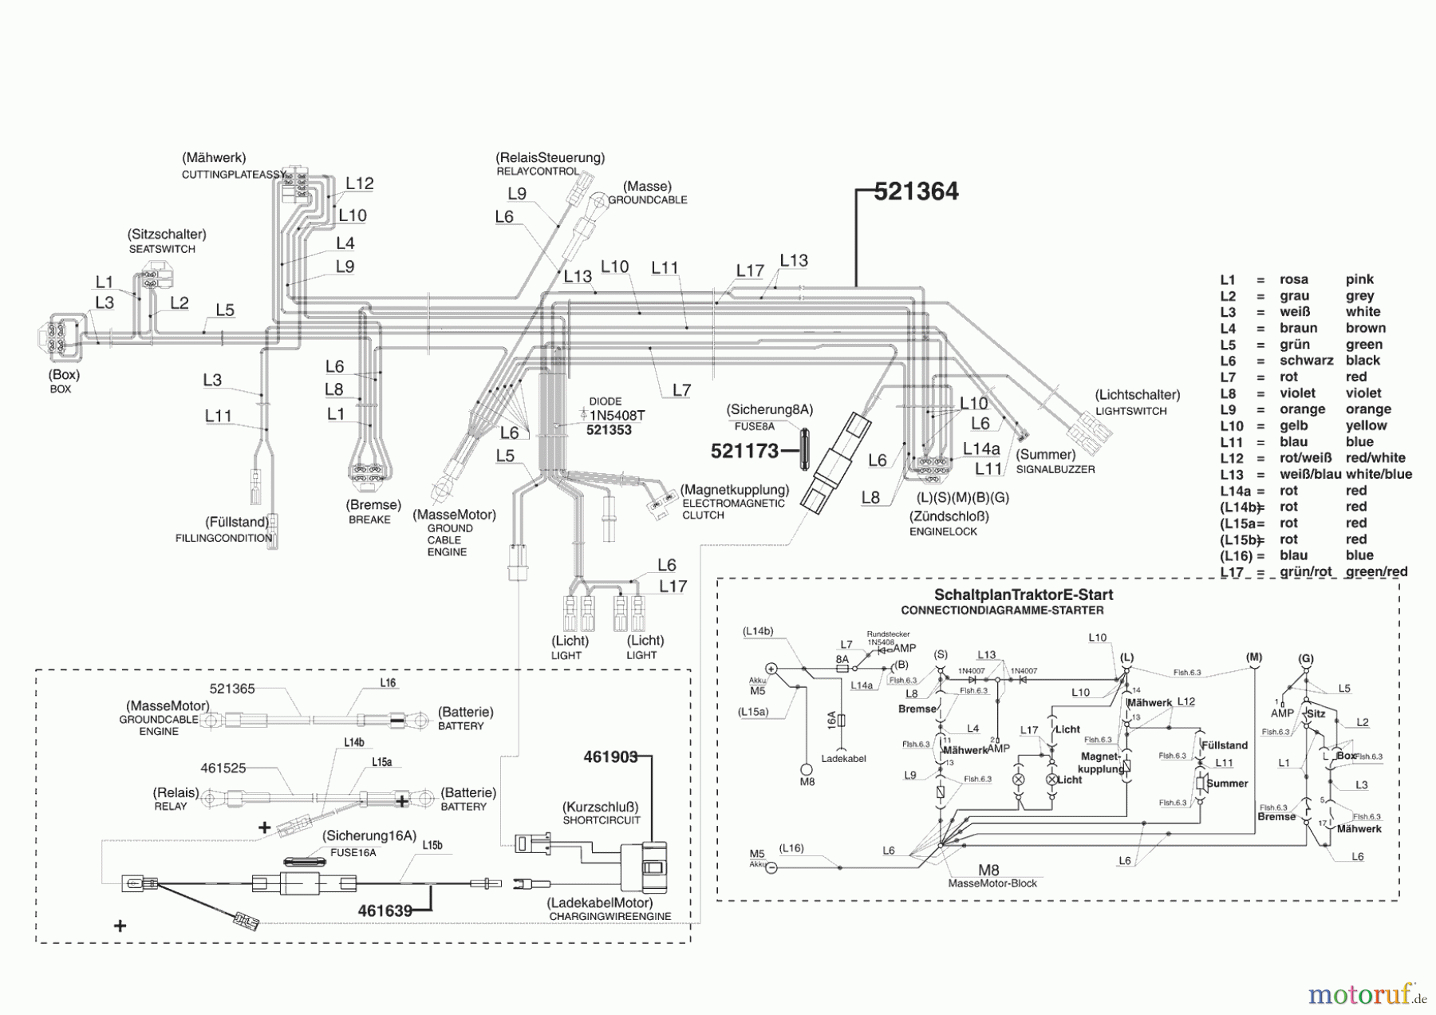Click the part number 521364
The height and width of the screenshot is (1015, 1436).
pos(916,192)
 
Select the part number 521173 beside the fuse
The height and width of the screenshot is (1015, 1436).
pos(744,452)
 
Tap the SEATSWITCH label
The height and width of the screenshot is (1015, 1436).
pos(162,249)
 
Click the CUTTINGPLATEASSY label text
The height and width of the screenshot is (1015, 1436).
pos(234,174)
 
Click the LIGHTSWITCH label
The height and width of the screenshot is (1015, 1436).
pos(1130,411)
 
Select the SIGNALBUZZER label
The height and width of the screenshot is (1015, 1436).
pos(1055,469)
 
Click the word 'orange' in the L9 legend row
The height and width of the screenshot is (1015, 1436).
pos(1368,409)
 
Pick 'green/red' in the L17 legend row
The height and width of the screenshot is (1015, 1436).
pos(1376,571)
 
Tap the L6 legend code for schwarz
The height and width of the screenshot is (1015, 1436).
pos(1228,361)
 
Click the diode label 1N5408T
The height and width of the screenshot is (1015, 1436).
pos(617,416)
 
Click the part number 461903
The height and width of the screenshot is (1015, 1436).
pos(610,756)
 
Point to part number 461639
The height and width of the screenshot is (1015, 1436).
pos(385,910)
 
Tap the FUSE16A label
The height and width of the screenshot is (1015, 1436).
pos(353,852)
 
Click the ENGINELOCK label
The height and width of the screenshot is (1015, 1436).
pos(943,531)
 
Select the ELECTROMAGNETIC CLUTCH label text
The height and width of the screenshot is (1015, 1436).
pos(733,509)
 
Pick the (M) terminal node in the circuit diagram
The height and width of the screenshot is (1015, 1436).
pos(1253,658)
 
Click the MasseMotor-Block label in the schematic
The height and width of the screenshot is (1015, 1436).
pos(992,883)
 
